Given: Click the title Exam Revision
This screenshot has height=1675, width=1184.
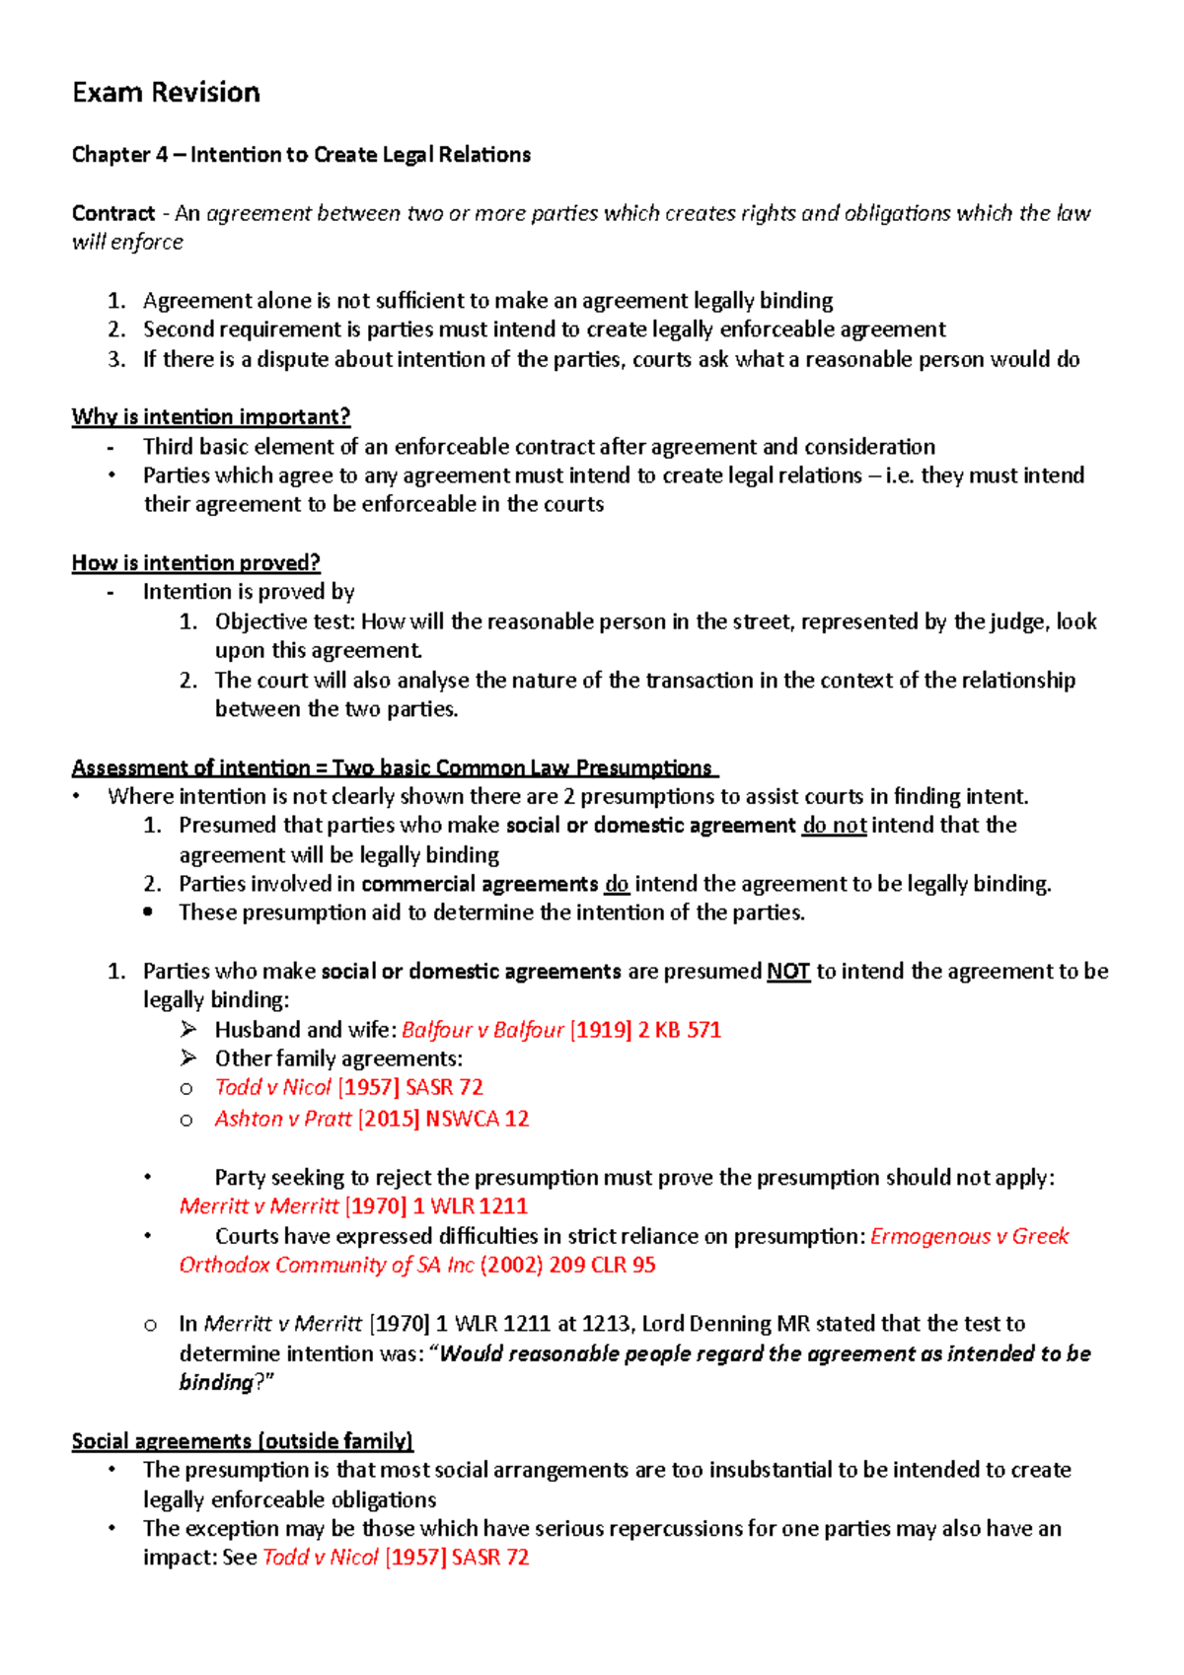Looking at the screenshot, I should point(166,93).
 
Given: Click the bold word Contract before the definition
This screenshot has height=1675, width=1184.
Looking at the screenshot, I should point(112,213).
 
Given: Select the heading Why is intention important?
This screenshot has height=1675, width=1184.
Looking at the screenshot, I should point(210,416).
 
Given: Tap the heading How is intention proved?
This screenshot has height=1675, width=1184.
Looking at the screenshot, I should point(195,562).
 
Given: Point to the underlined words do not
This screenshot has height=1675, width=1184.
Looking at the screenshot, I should point(834,825).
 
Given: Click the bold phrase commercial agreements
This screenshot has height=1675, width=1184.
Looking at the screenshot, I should point(480,884).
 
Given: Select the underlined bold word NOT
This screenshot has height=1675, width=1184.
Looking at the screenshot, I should point(787,971).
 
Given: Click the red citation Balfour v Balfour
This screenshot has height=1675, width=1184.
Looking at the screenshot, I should point(482,1030).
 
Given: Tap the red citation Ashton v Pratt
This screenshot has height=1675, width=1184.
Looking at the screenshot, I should point(283,1119).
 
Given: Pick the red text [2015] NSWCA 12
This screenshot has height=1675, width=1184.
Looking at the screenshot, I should point(443,1119).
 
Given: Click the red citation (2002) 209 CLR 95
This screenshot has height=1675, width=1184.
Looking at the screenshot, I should point(567,1265).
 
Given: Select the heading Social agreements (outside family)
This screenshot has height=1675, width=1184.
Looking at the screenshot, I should point(242,1441).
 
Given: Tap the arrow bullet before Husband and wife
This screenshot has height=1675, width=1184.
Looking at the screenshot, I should point(188,1030).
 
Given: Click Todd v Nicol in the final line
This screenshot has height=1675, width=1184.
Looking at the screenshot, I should point(321,1558).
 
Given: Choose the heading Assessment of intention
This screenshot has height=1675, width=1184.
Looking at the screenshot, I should point(190,767).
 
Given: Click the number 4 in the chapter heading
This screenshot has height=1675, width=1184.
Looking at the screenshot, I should point(161,155).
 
